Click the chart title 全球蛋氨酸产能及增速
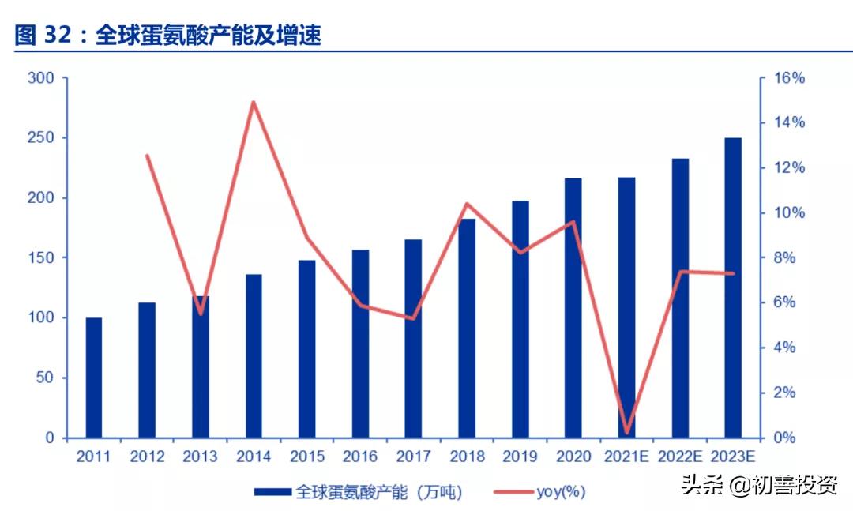209,36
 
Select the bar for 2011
94,378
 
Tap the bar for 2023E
733,287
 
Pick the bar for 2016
360,344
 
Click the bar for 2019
520,319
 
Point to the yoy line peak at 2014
254,102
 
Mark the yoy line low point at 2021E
628,433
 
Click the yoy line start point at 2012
147,156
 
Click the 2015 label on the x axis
306,457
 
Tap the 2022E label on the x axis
680,457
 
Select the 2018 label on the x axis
467,457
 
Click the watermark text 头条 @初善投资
759,485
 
